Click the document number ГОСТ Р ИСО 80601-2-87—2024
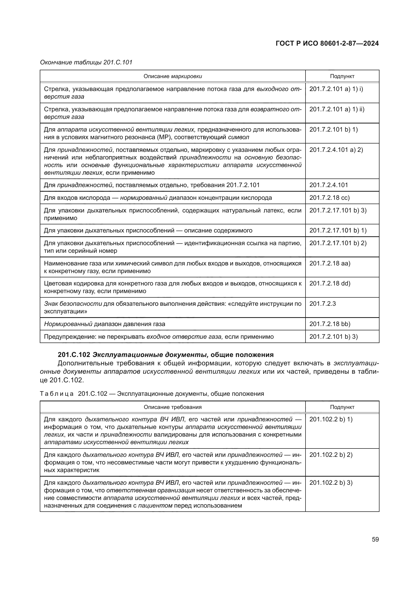click(327, 43)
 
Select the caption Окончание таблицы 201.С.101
click(86, 62)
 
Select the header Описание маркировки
click(173, 76)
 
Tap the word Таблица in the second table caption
click(57, 394)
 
